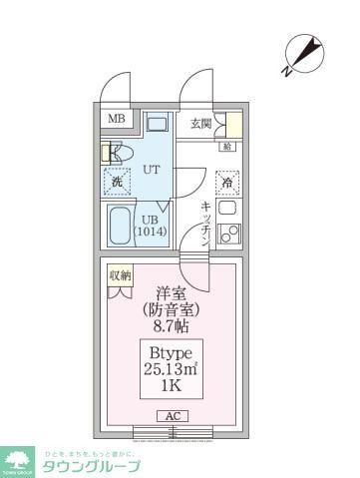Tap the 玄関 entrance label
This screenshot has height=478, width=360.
[x=201, y=124]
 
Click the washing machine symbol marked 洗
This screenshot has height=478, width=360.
[x=117, y=182]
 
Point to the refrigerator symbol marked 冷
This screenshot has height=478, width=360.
[x=228, y=183]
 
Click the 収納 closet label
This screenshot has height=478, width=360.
[x=121, y=274]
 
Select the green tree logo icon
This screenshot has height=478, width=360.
[x=19, y=462]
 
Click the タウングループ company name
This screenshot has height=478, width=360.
[x=91, y=466]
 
